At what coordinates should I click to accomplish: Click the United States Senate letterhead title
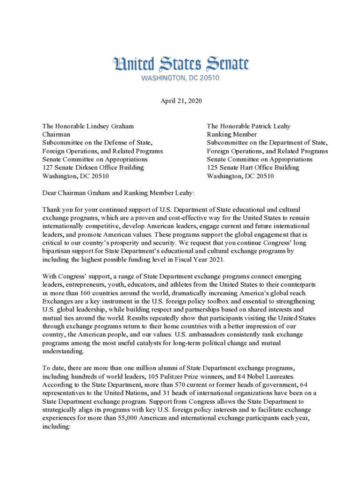(x=180, y=64)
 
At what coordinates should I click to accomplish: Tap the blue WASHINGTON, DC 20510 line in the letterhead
(x=180, y=78)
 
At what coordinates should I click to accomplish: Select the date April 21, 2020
(x=180, y=101)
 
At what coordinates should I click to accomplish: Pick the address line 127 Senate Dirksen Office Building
(x=93, y=167)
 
